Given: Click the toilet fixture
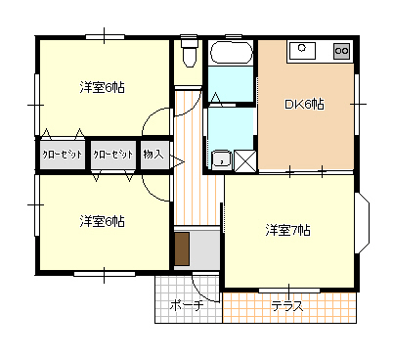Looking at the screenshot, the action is pos(189,51).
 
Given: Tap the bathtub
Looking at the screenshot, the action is pos(231,53).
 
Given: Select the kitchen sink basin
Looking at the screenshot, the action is pos(302,51).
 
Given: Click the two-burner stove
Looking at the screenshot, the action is pos(341,51).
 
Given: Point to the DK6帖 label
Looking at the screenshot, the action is pos(305,105).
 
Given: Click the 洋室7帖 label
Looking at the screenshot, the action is pos(288,230).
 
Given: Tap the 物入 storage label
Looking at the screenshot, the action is pos(153,154).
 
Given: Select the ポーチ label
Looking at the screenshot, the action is pos(187,306).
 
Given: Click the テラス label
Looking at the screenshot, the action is pos(287,306).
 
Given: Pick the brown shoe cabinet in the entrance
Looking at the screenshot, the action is pos(182,248).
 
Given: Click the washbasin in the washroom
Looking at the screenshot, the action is pos(222,160).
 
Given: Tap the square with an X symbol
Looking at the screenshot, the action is pos(245,160).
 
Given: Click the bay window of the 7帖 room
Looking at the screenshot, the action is pos(364,223).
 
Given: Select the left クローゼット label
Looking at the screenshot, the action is pos(63,155).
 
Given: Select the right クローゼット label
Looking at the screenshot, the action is pos(113,155).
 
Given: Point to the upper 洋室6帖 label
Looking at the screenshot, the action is pos(102,87).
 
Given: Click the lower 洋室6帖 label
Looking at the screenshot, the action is pos(102,221).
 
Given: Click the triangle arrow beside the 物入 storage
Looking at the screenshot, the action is pos(177,162).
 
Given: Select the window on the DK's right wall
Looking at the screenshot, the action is pos(357,105).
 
